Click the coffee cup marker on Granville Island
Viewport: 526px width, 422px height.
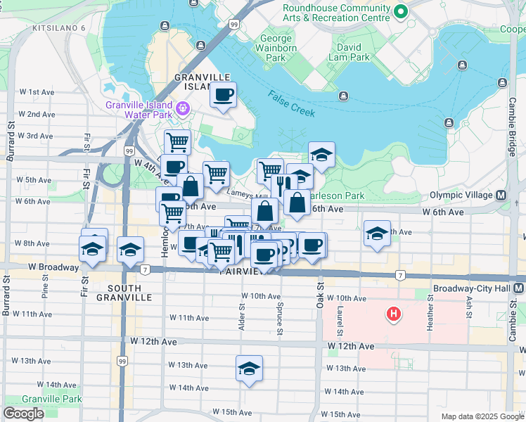(224, 94)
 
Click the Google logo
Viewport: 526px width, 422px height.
(23, 414)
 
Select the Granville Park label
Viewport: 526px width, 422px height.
(51, 399)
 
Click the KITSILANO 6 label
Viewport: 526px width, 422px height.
(58, 28)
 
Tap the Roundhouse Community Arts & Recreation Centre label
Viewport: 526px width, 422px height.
(336, 12)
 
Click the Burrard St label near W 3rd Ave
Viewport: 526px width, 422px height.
(11, 141)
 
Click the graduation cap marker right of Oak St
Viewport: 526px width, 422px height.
(377, 234)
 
